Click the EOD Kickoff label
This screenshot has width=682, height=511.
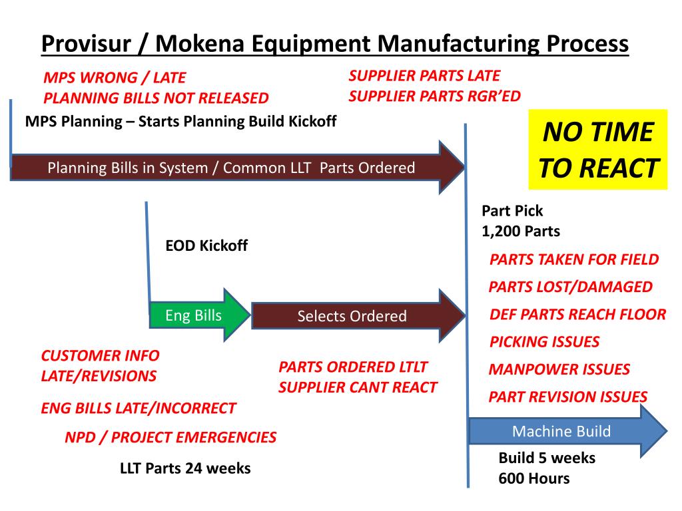pos(206,246)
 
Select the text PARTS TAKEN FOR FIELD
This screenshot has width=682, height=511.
pos(574,259)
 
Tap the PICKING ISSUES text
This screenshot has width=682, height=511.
pos(544,342)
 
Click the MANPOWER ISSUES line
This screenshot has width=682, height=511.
pos(559,369)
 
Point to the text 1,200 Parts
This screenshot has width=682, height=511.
pos(521,232)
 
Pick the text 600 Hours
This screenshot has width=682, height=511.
pos(534,478)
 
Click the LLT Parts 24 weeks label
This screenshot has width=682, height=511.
pos(185,468)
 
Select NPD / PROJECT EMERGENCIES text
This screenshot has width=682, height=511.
pos(170,437)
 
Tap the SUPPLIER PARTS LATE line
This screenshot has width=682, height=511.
pos(424,76)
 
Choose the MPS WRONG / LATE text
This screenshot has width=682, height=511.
pos(115,78)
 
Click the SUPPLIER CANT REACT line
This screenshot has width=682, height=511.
pos(358,387)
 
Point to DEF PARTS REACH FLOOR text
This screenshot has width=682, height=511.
pos(577,315)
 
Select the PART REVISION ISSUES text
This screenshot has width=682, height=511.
pos(567,397)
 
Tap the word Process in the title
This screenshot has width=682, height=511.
pos(587,45)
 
